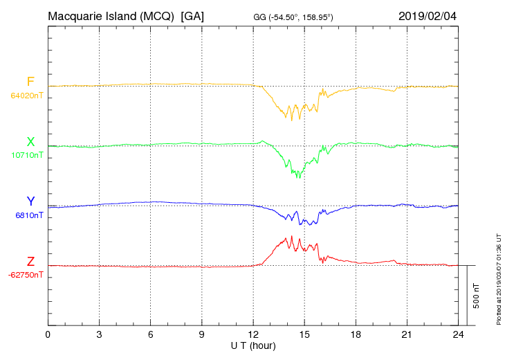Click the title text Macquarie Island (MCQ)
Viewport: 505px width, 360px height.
111,15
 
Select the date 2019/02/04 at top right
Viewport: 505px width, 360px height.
428,15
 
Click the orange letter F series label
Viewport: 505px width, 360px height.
30,82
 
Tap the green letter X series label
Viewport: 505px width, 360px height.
30,143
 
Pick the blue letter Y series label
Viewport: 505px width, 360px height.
30,202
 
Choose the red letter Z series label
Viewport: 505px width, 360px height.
30,262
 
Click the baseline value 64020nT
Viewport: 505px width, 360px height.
27,96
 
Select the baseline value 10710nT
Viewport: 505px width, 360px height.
27,156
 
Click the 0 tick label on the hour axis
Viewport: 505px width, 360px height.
48,335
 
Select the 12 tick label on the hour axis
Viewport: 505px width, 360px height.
253,335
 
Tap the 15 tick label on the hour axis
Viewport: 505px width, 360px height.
304,335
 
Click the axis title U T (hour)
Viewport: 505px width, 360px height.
253,345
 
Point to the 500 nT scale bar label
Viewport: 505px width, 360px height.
476,296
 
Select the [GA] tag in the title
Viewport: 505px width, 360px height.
192,15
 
